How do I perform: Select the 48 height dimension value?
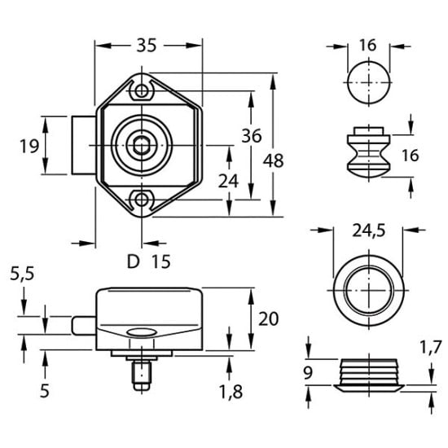[x=275, y=161]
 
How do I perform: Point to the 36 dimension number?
[x=251, y=136]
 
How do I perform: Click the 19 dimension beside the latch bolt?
[x=29, y=146]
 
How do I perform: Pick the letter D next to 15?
[x=133, y=261]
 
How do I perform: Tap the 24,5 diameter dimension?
[x=368, y=231]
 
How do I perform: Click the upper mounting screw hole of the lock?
[x=144, y=89]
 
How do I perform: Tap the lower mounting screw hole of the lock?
[x=144, y=199]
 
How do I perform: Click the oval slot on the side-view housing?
[x=143, y=332]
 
